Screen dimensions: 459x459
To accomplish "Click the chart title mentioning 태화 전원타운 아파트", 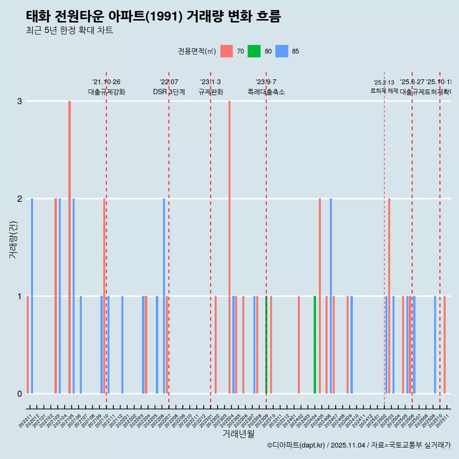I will click(153, 17).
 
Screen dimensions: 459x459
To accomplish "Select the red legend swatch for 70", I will click(227, 51).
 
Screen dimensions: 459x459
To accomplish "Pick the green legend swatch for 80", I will click(254, 51).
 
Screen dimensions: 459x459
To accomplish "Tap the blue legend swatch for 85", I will click(282, 51).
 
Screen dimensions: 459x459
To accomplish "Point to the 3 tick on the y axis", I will click(20, 101).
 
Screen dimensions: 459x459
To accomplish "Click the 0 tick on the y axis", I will click(20, 394).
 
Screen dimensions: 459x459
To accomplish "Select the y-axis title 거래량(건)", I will click(13, 239).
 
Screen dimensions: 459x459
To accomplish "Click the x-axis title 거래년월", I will click(238, 434).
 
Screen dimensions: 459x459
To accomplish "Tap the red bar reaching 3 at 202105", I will click(70, 247).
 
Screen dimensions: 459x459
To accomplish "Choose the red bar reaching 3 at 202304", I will click(229, 247).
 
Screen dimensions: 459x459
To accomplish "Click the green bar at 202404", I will click(315, 345).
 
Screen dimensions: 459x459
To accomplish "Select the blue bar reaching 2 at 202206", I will click(164, 296).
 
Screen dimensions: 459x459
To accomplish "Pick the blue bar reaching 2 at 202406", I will click(331, 296).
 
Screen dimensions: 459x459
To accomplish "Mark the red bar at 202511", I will click(445, 345).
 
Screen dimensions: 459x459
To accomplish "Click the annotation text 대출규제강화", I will click(106, 92).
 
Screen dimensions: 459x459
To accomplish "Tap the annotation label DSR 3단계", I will click(169, 92).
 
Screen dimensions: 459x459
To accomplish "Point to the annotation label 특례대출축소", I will click(266, 92).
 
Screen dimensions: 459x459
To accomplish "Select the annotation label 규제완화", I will click(210, 92).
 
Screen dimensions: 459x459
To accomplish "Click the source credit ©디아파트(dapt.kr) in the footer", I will click(296, 445).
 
